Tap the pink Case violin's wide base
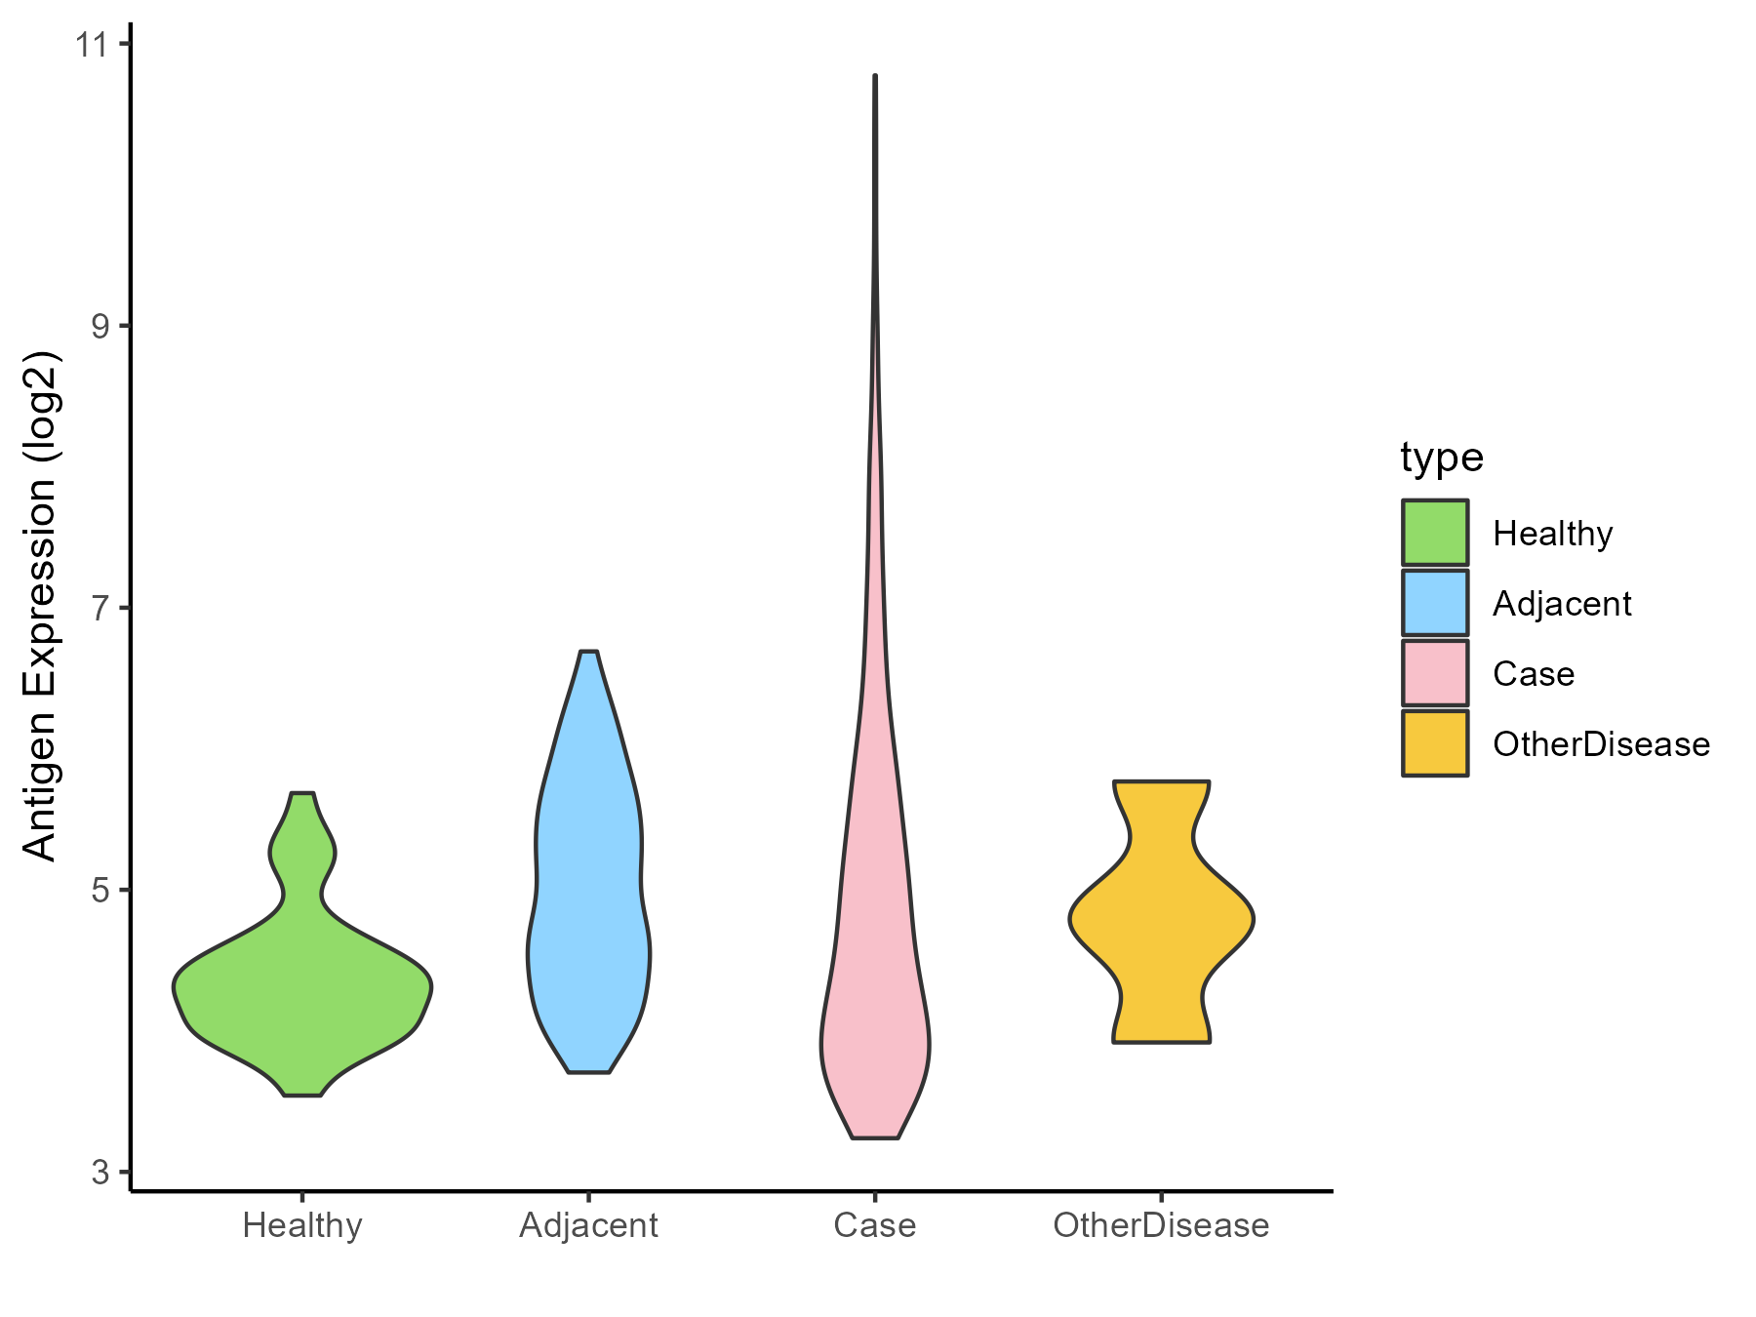[x=875, y=1044]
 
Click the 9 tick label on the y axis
[x=100, y=326]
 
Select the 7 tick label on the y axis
[x=100, y=608]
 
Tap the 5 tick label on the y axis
[x=100, y=890]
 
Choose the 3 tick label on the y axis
[x=100, y=1172]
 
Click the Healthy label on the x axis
[x=302, y=1225]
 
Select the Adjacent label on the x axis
[x=589, y=1225]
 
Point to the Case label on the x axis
[x=875, y=1225]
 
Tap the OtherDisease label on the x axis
[x=1161, y=1225]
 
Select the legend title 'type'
[x=1442, y=458]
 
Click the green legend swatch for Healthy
[x=1435, y=533]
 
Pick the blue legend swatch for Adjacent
[x=1435, y=603]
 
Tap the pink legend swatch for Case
[x=1435, y=673]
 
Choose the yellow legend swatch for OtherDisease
[x=1435, y=743]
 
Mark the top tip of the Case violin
[x=875, y=76]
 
